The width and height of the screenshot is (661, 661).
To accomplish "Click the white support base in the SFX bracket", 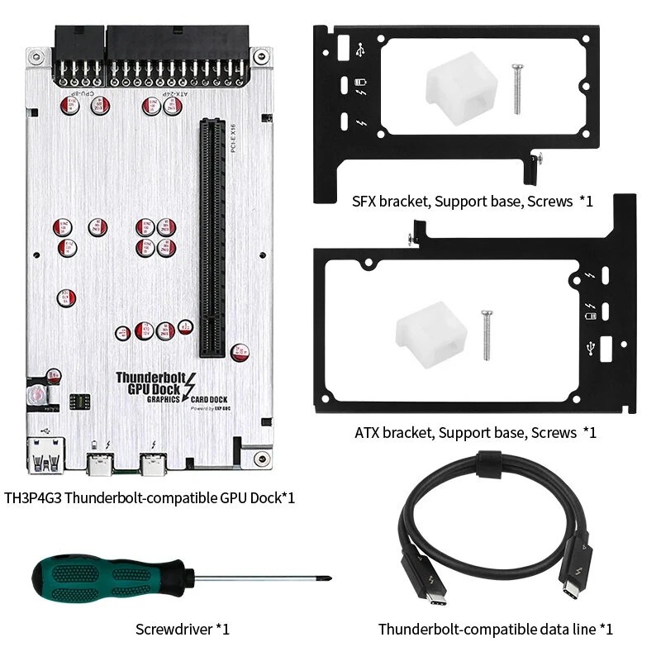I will (455, 90).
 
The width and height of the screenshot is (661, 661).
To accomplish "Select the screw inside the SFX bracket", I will (517, 88).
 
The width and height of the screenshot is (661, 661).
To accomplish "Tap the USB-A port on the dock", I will (47, 459).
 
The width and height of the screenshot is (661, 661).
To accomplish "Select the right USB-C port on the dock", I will (154, 467).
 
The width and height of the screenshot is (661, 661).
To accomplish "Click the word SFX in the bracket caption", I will (365, 201).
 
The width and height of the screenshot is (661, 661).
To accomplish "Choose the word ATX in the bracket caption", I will (368, 432).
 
